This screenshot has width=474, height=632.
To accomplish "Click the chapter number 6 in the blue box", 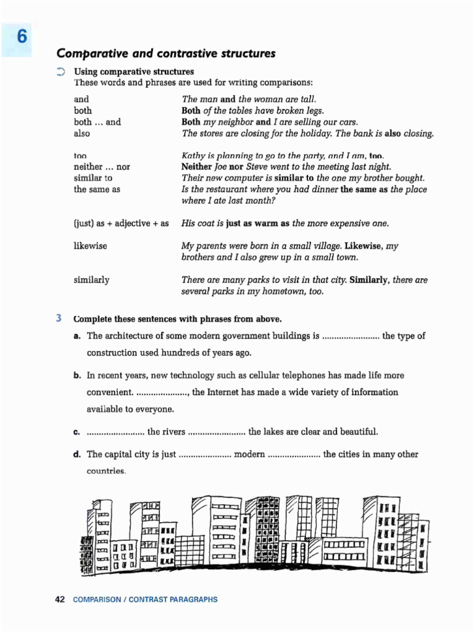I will tap(22, 37).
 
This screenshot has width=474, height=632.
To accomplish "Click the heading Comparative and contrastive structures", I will tap(165, 54).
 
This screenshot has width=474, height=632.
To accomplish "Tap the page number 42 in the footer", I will tap(60, 599).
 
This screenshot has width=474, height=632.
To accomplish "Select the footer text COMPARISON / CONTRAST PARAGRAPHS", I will tap(145, 599).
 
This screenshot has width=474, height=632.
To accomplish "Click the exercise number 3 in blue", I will tap(59, 319).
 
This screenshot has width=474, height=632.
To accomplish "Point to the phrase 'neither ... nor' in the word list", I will tap(102, 167).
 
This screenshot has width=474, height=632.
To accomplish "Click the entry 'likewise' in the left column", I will tap(90, 246).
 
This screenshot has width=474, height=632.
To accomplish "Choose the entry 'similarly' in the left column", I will tap(91, 280).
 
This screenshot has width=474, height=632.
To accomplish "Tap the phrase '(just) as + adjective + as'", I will tap(121, 223).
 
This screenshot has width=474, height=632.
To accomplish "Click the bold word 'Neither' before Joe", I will tap(196, 167).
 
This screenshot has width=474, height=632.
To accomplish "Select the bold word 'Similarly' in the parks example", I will tap(370, 280).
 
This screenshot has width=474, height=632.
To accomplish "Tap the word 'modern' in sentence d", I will tap(249, 454).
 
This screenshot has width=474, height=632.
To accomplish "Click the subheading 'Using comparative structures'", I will tap(134, 72).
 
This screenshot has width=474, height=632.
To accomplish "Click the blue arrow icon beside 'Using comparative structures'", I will tap(60, 72).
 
